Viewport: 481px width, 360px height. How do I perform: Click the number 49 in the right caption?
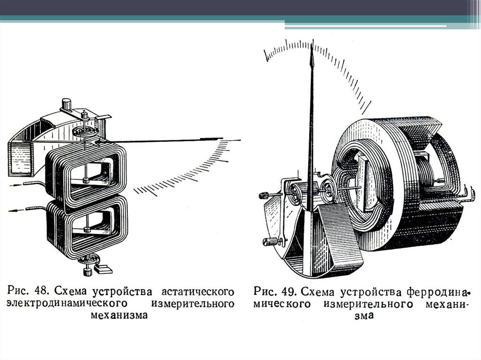coord(290,291)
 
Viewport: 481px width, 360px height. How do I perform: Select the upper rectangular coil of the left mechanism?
coord(87,174)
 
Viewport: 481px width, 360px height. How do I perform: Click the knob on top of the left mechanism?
coord(66,103)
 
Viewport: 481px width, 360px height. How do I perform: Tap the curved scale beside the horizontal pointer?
coord(188,174)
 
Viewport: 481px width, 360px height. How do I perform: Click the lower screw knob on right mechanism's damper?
coord(269,242)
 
